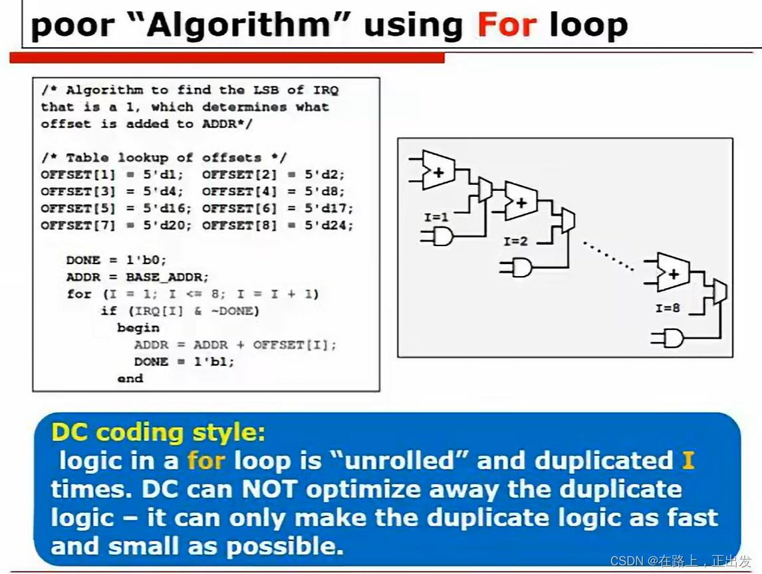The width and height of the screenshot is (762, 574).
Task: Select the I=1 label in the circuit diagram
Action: pos(436,217)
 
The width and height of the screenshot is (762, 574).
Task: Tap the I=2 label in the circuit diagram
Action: pos(515,241)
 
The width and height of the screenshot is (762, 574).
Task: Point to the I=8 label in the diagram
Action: pos(668,308)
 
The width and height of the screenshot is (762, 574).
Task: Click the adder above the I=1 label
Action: pos(438,170)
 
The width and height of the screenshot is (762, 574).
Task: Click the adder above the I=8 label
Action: pos(673,271)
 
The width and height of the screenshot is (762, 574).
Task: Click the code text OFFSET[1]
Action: pos(78,174)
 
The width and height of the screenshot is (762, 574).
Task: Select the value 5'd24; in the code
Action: pos(329,225)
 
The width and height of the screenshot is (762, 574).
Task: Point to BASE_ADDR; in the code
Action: pos(167,277)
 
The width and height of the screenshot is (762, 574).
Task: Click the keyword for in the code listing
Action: pos(79,294)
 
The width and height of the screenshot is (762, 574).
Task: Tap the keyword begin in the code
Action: pos(138,328)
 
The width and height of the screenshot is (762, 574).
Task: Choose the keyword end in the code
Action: pos(130,378)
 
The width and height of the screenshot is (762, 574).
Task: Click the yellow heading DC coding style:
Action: pos(158,432)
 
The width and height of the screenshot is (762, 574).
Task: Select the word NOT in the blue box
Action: pos(268,489)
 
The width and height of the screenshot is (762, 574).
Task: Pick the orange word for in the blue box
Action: pos(206,460)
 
